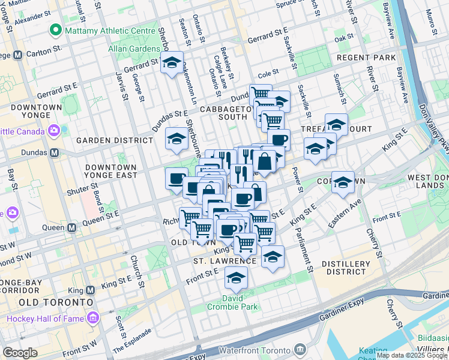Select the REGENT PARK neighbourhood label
(366, 58)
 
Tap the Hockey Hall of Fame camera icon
(94, 318)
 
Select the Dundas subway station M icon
(55, 153)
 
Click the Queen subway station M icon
(71, 227)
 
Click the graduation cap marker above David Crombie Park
(236, 278)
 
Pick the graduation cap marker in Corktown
(343, 182)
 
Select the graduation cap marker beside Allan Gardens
(172, 64)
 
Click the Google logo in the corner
(20, 353)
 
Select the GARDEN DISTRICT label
(114, 140)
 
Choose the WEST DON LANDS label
(427, 182)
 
